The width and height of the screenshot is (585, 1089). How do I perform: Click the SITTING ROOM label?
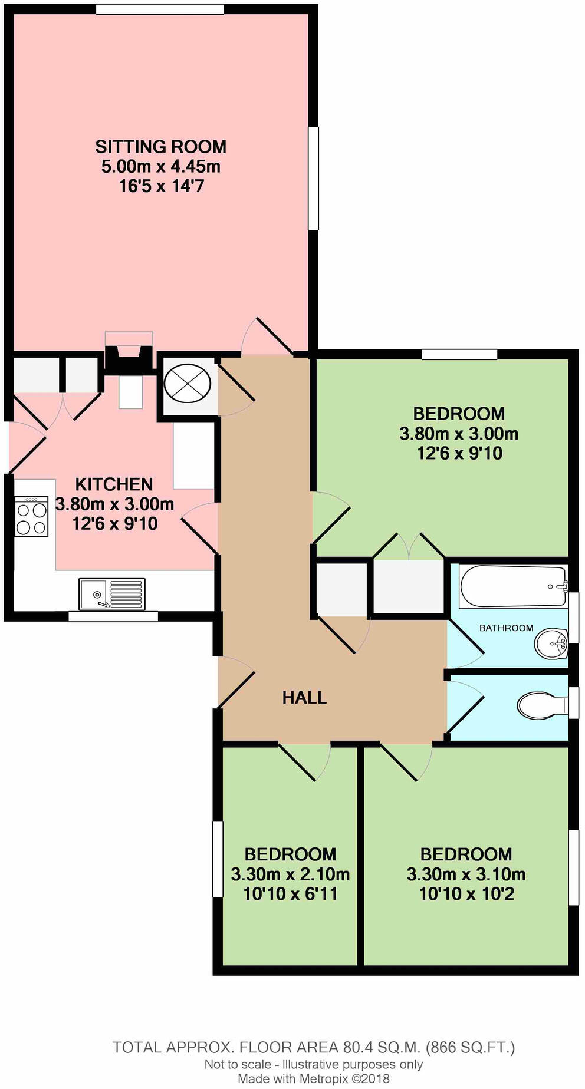(160, 146)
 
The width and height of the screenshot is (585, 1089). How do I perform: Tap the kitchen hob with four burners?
(31, 517)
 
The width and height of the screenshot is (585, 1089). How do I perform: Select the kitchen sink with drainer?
(112, 594)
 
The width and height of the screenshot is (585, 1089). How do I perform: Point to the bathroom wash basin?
(551, 644)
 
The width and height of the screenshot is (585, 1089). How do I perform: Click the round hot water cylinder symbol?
(187, 384)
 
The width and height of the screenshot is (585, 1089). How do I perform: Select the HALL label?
(304, 698)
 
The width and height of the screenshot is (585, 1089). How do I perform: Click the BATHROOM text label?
(506, 628)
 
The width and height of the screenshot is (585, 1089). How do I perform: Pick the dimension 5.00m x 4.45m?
(160, 166)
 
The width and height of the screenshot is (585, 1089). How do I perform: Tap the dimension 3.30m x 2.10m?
(290, 874)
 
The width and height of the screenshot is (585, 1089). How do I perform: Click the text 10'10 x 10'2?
(466, 894)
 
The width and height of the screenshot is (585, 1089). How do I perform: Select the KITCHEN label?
(114, 484)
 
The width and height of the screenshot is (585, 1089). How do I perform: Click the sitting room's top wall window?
(160, 9)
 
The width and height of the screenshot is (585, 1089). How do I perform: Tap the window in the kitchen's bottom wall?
(113, 616)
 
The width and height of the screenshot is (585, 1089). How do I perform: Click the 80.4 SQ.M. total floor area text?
(381, 1047)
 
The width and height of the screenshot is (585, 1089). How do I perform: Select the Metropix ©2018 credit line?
(314, 1079)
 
